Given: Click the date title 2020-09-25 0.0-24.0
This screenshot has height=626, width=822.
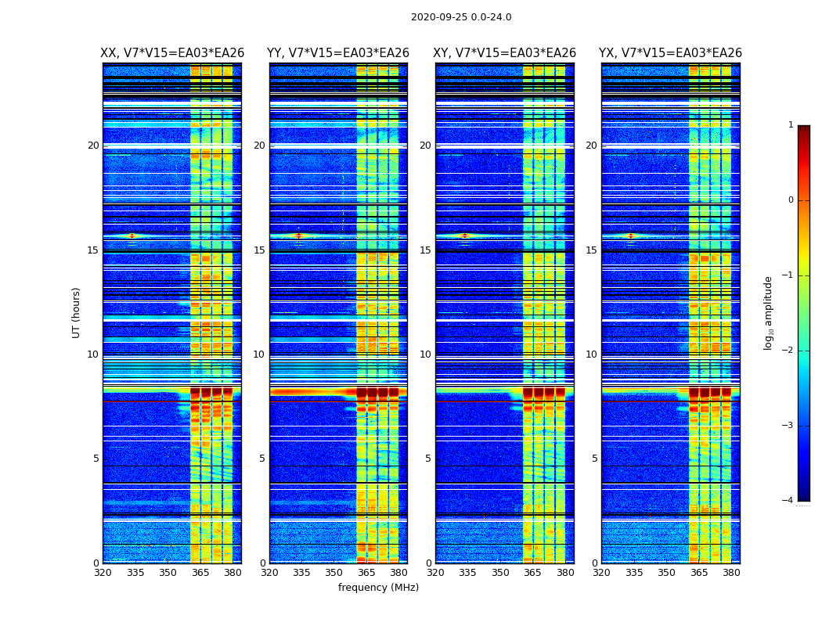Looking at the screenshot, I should pyautogui.click(x=461, y=17).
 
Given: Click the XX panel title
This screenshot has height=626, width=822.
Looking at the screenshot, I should pyautogui.click(x=172, y=53).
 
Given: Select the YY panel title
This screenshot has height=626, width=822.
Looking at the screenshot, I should pyautogui.click(x=338, y=53).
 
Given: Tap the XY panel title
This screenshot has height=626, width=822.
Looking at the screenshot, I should pyautogui.click(x=505, y=53).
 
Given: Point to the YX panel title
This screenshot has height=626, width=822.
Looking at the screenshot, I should pyautogui.click(x=670, y=53).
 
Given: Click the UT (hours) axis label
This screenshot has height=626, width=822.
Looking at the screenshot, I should pyautogui.click(x=77, y=312).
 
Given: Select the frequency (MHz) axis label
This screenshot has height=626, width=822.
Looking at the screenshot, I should pyautogui.click(x=378, y=588).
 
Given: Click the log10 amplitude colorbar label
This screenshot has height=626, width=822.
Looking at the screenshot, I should pyautogui.click(x=769, y=312).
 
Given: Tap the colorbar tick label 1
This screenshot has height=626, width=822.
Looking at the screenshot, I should pyautogui.click(x=791, y=125).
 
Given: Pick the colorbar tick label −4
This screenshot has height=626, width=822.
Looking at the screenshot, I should pyautogui.click(x=788, y=501).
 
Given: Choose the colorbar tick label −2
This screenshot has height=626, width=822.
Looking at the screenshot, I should pyautogui.click(x=788, y=351).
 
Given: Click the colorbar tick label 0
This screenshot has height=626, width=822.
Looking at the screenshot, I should pyautogui.click(x=791, y=200).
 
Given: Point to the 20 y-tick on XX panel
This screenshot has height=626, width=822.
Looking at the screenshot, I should pyautogui.click(x=93, y=146).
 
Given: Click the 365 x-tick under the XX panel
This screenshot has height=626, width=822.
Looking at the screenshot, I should pyautogui.click(x=200, y=573).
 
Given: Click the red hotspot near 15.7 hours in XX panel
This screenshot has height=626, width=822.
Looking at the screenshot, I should pyautogui.click(x=132, y=236).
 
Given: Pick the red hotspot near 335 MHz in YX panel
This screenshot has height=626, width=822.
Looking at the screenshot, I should pyautogui.click(x=630, y=236).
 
